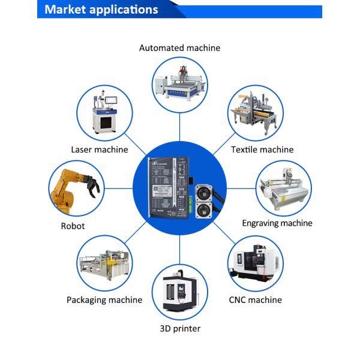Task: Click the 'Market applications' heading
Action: [101, 10]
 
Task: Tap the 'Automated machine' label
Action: [179, 47]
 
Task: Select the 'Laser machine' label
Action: [100, 149]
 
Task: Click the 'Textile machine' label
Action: [262, 149]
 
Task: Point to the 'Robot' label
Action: [73, 226]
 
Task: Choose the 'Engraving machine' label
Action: [277, 223]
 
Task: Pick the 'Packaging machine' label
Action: [104, 299]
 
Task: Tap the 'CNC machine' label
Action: [255, 299]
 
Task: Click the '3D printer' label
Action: [180, 328]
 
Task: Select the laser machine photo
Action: [103, 112]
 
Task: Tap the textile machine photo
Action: [255, 112]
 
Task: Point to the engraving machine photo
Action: [284, 190]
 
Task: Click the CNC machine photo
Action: [255, 264]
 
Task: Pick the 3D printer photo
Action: [180, 292]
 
